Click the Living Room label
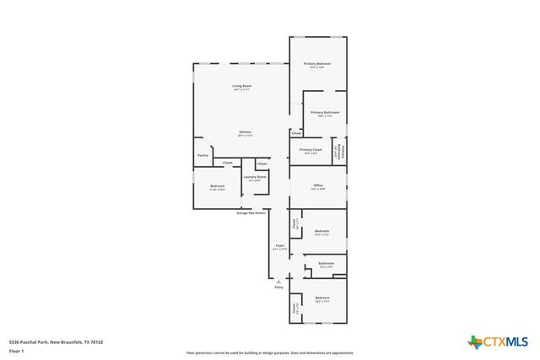tap(242, 86)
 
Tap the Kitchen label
tap(245, 132)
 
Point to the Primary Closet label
tap(310, 150)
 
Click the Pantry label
tap(202, 155)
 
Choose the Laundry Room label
tap(255, 177)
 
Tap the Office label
tap(318, 185)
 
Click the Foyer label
tap(279, 247)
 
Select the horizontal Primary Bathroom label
tap(325, 113)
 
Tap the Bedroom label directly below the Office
tap(321, 231)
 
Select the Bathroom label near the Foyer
tap(327, 264)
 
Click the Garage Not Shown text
tap(251, 212)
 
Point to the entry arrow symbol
tap(278, 282)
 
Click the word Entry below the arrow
tap(278, 287)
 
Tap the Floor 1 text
tap(16, 350)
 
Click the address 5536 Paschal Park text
tap(55, 341)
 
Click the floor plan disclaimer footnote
tap(270, 353)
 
